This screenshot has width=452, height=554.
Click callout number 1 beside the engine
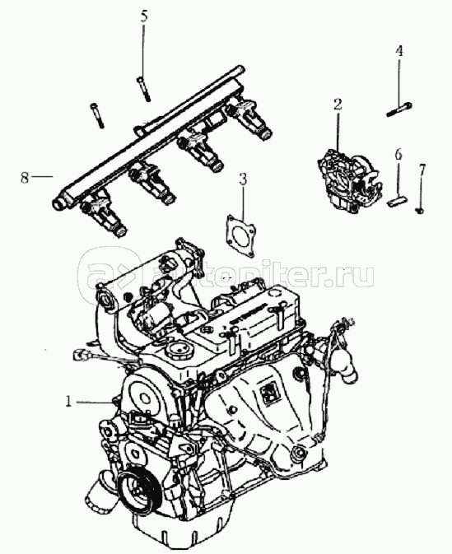(x=68, y=402)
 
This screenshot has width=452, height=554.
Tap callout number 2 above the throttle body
(x=338, y=105)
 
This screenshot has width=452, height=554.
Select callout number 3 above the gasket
(x=242, y=179)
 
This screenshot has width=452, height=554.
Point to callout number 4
(x=398, y=51)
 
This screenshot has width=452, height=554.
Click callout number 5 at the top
(x=143, y=16)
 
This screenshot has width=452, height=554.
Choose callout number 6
(x=398, y=155)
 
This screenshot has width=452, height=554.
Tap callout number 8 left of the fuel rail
(x=24, y=177)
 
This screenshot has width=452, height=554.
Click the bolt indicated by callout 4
(x=399, y=109)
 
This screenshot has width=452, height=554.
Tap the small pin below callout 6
(x=398, y=203)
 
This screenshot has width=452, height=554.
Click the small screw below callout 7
(x=420, y=211)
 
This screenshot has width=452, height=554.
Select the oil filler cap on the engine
(x=179, y=352)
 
